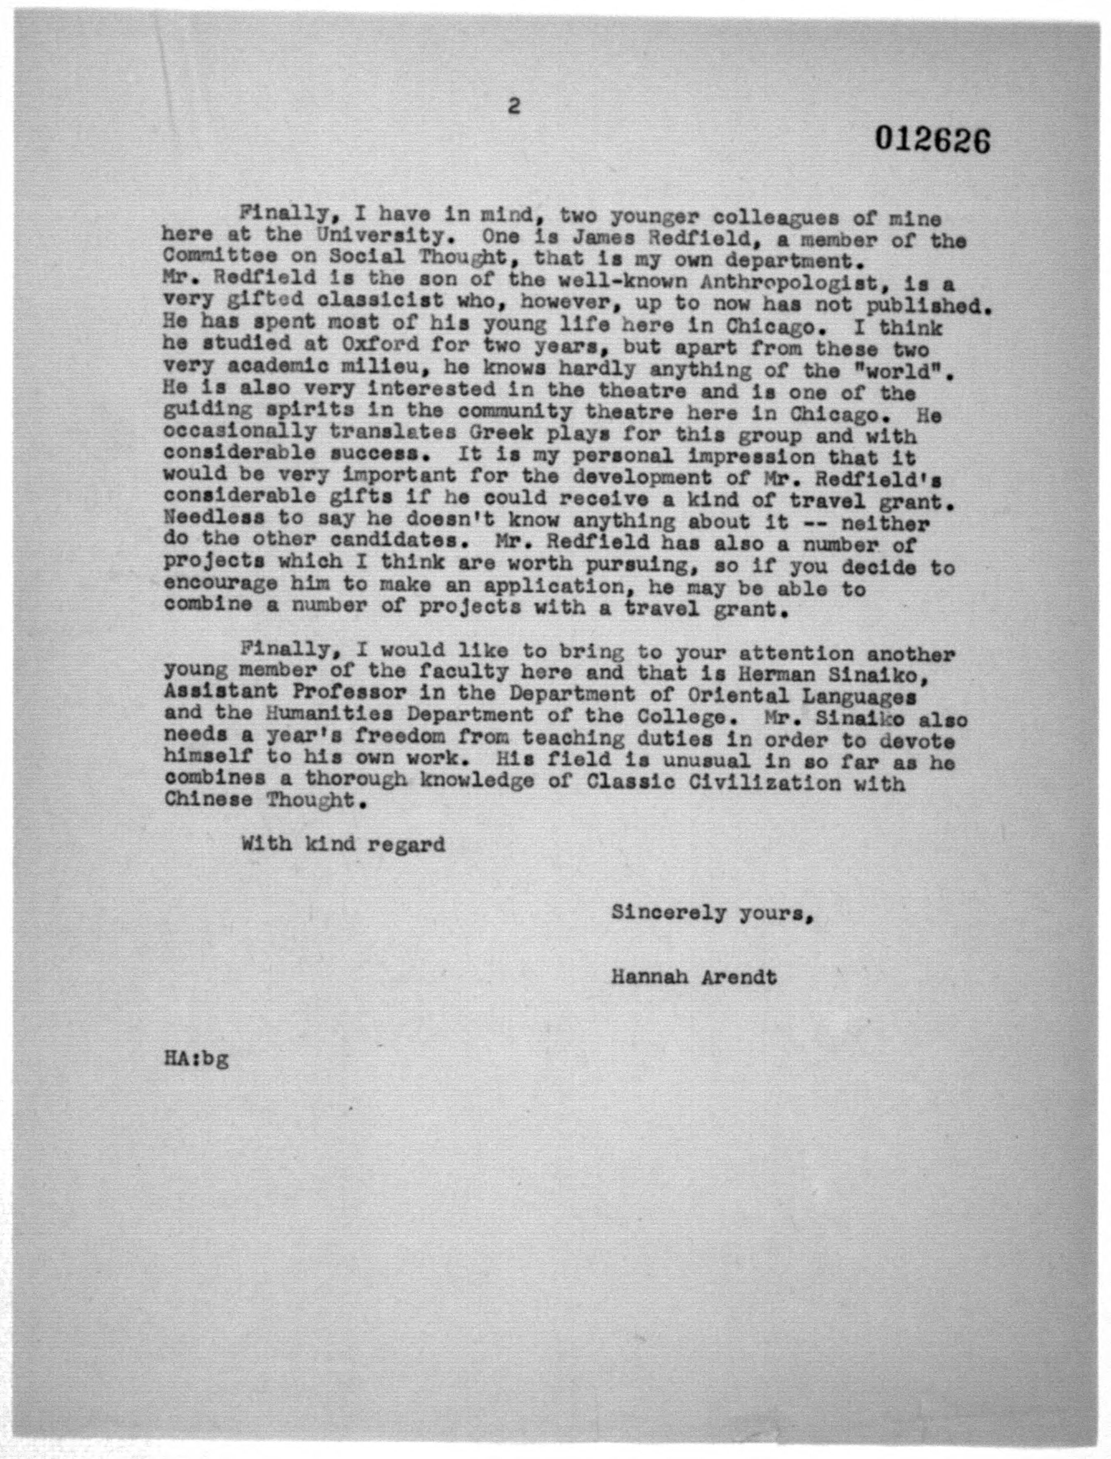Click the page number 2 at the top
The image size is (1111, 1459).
(x=513, y=106)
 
